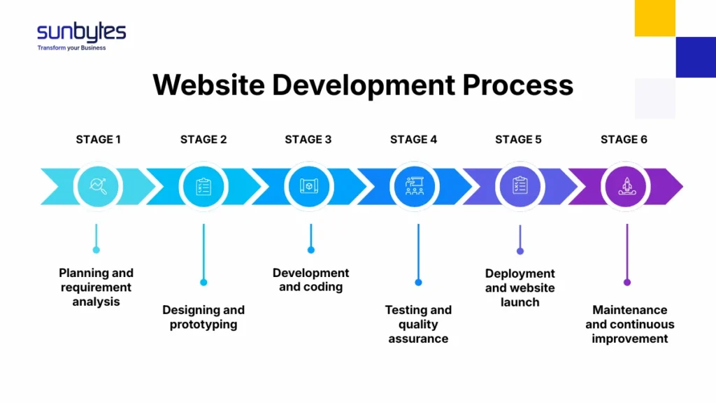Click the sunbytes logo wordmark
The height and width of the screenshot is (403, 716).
pos(81,31)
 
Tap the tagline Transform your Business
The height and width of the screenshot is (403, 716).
pos(71,48)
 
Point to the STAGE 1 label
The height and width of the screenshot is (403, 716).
pos(98,139)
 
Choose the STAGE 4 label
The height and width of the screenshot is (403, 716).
pos(413,139)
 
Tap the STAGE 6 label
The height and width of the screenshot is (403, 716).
pos(624,139)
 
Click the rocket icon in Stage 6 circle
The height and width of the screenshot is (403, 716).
pos(626,185)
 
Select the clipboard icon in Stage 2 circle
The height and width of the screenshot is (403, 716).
pos(203,185)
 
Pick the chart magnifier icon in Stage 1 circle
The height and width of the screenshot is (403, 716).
pos(99,185)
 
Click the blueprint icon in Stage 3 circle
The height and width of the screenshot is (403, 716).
pos(310,185)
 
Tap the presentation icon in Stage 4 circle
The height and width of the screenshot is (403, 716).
pos(415,185)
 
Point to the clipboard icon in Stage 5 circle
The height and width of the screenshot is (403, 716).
pos(520,185)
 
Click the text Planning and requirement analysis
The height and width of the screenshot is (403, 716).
pos(96,288)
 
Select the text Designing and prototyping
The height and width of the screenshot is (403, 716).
pos(203,317)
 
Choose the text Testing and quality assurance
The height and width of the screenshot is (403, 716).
pos(418,324)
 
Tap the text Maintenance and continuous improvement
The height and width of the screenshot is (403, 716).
pos(630,324)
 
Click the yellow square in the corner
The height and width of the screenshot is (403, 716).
pos(654,18)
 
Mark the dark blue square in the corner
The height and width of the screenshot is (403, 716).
pos(695,57)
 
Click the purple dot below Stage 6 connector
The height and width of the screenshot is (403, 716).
pos(627,282)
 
